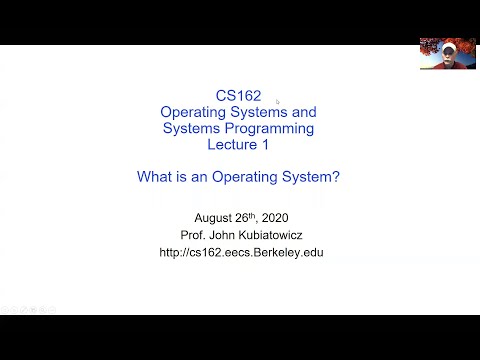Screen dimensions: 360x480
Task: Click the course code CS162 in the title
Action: [x=238, y=97]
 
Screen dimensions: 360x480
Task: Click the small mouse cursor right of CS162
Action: [x=277, y=100]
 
